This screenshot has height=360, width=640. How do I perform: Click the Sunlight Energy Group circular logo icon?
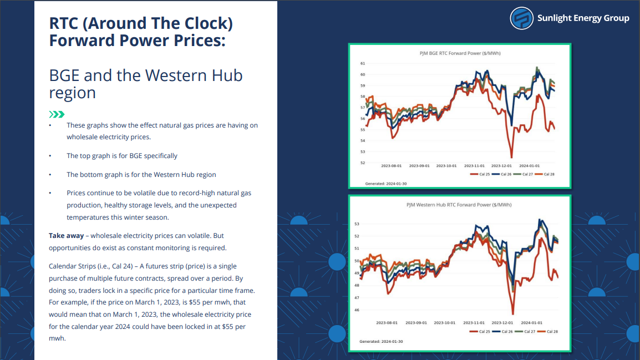(x=521, y=18)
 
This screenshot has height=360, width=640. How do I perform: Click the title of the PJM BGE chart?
(x=460, y=53)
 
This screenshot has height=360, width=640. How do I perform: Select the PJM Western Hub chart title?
(x=459, y=205)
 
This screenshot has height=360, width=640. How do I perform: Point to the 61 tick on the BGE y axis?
(x=363, y=64)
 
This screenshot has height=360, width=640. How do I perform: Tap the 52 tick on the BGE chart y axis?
(x=363, y=163)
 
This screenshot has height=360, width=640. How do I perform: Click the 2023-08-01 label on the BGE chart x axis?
(x=392, y=166)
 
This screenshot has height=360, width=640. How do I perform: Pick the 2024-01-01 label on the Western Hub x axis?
(x=532, y=323)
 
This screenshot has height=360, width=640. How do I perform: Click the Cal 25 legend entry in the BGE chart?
(x=480, y=174)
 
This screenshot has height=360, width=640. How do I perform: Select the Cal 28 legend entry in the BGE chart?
(x=545, y=174)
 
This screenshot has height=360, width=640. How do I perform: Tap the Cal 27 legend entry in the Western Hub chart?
(x=525, y=331)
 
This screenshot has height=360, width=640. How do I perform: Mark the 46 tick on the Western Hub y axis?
(x=357, y=310)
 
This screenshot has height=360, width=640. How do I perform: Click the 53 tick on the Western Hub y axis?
(x=357, y=224)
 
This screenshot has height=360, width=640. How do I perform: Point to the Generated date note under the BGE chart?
(x=385, y=184)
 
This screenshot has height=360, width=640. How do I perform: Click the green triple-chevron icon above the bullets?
(x=57, y=114)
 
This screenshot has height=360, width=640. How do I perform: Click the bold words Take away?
(x=66, y=236)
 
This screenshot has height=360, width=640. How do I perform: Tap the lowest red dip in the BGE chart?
(x=511, y=157)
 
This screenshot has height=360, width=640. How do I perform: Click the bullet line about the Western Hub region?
(x=141, y=174)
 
